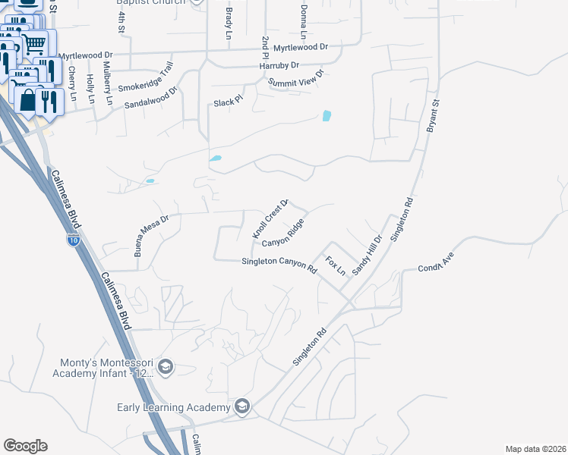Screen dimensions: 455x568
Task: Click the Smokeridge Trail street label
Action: click(x=160, y=74)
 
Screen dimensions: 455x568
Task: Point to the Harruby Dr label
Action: click(x=279, y=66)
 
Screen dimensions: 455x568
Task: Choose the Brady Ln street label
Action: click(x=229, y=24)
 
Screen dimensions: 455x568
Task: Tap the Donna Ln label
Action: click(x=303, y=22)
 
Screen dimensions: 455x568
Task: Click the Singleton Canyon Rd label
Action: click(x=278, y=264)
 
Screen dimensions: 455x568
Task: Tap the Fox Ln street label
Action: click(x=335, y=265)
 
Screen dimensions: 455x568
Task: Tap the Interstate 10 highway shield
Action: click(x=74, y=240)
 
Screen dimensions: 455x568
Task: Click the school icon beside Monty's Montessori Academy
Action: click(x=166, y=368)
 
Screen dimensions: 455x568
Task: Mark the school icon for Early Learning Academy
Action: click(x=242, y=407)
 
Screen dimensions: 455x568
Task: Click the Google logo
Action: click(x=25, y=446)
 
